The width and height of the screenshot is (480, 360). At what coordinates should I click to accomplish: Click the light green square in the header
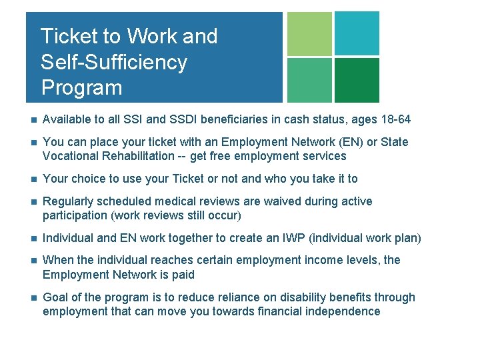(x=309, y=33)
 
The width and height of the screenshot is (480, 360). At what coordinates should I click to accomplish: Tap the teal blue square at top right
(x=357, y=33)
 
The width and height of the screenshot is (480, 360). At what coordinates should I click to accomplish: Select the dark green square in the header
(x=357, y=80)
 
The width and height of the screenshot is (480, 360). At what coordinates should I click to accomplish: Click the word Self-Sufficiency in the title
(x=113, y=62)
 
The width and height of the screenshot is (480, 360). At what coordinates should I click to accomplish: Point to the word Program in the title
(x=81, y=87)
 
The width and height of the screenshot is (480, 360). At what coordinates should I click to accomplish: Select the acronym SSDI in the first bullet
(x=185, y=120)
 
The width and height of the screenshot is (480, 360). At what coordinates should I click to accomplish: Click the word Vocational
(x=71, y=156)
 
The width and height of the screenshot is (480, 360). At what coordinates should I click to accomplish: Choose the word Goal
(x=55, y=297)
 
